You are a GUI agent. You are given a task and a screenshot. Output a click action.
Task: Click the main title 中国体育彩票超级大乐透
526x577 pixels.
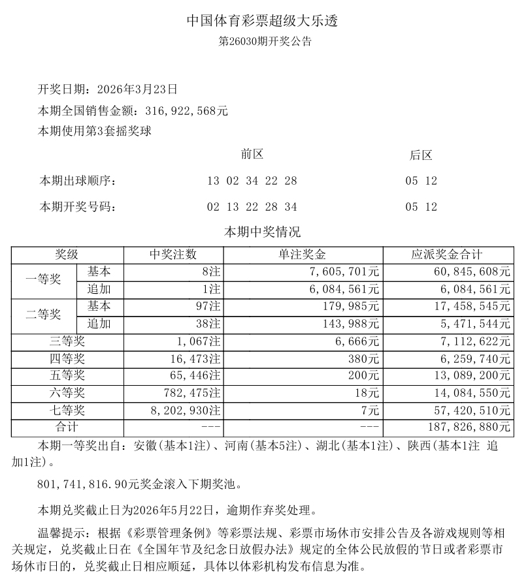263,21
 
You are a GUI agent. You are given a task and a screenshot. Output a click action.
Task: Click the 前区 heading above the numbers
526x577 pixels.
252,155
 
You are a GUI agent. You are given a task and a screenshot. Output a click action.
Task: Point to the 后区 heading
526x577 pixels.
421,155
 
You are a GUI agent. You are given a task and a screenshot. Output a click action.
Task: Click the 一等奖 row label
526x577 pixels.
43,279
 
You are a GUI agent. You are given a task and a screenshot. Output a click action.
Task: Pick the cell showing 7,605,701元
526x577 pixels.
346,272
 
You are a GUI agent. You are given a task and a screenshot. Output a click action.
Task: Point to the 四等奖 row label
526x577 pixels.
66,358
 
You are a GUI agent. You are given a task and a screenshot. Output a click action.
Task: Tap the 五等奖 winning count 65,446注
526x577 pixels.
193,376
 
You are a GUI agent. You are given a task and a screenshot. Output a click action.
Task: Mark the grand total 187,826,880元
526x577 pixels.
464,428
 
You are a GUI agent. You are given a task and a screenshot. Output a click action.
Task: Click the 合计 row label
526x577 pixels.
66,428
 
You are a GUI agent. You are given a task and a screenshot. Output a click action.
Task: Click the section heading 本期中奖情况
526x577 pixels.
263,232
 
